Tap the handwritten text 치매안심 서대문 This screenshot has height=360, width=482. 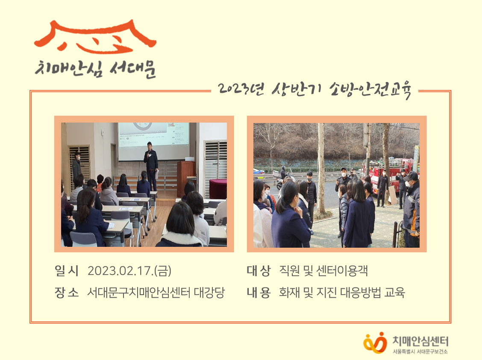click(x=95, y=69)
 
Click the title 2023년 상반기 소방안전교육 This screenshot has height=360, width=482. click(x=314, y=90)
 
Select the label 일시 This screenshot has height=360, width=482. click(x=66, y=271)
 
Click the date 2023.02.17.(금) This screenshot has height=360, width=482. click(x=129, y=271)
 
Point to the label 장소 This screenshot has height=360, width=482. click(x=66, y=293)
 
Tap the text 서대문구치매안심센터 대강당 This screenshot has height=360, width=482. click(x=156, y=293)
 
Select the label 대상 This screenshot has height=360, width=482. click(x=259, y=271)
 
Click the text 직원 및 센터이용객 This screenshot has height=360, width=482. click(x=323, y=271)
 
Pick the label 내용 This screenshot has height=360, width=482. click(x=259, y=293)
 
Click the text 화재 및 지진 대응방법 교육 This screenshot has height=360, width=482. click(x=342, y=293)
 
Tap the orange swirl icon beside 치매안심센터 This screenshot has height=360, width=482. click(x=375, y=342)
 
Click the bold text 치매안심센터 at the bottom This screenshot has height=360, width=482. click(x=420, y=341)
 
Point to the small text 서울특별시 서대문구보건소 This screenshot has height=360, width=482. click(x=420, y=351)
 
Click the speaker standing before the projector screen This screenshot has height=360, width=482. click(x=150, y=164)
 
